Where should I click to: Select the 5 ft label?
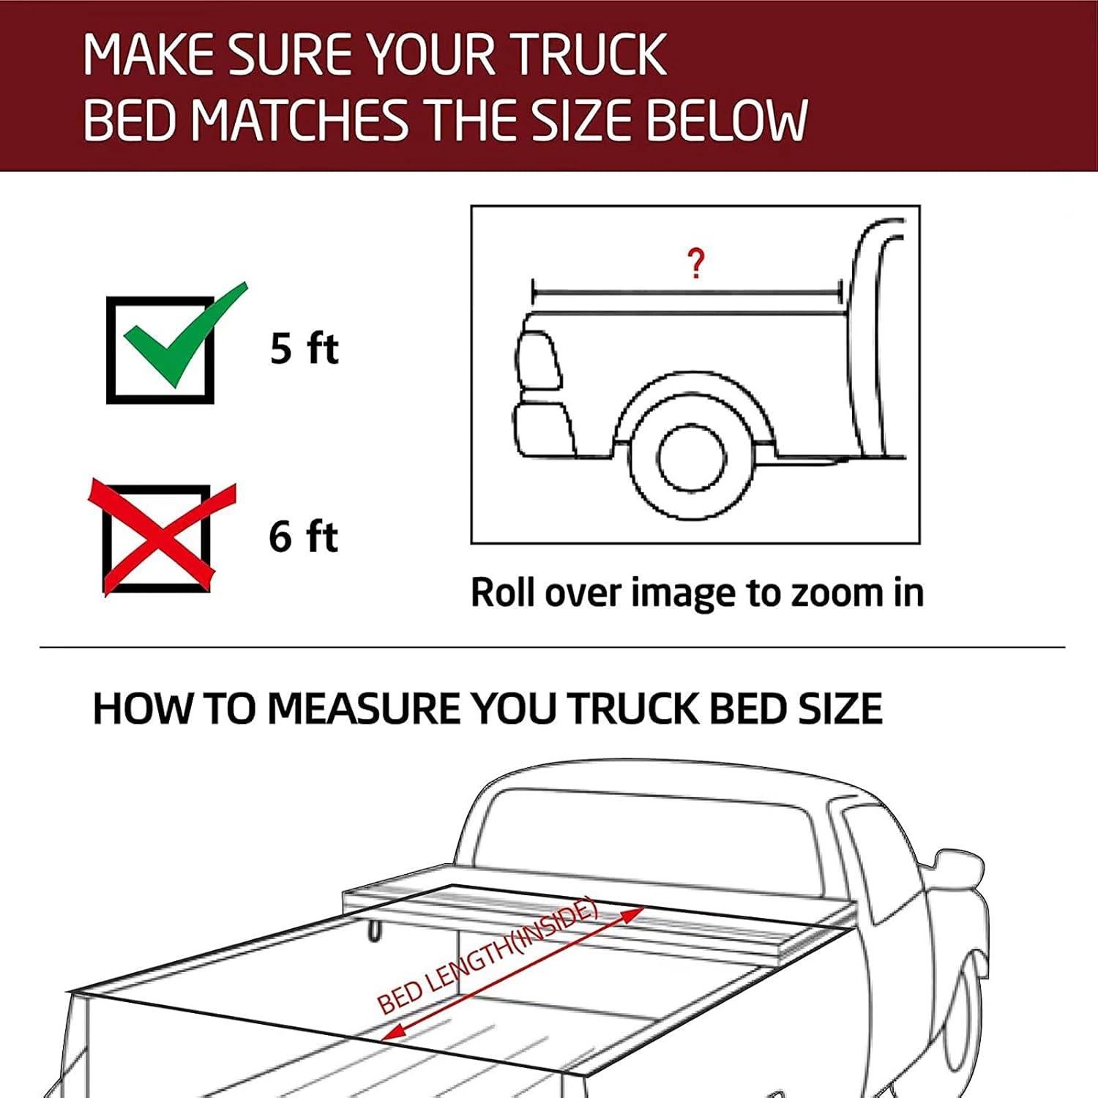coord(304,348)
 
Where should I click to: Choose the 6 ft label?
coord(303,537)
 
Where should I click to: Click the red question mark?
coord(696,264)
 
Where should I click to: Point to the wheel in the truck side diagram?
coord(691,460)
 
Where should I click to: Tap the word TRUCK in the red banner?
coord(589,54)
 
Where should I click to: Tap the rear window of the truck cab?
coord(644,834)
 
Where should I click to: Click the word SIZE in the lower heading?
coord(842,709)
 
